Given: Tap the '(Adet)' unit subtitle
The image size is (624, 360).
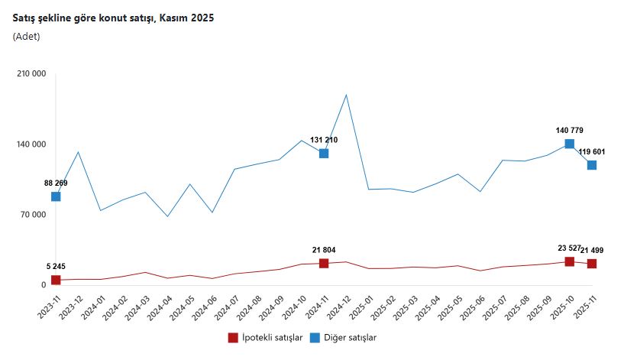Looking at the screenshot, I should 27,36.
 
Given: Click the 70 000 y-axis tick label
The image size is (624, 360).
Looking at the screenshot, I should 33,215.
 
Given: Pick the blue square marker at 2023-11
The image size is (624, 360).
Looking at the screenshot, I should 56,196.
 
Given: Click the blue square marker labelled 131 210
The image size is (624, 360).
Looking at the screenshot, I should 324,154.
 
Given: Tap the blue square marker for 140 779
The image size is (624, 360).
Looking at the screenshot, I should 570,144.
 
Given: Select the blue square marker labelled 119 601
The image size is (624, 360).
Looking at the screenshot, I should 592,165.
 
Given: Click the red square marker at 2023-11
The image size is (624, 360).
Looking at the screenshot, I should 56,281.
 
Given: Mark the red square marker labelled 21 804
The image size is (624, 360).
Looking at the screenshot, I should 324,264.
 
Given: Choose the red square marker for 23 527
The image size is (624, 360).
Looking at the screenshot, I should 570,262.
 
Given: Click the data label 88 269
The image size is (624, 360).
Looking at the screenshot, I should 56,183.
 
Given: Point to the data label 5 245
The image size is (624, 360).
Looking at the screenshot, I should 56,267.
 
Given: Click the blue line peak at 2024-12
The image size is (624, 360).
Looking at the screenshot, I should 347,95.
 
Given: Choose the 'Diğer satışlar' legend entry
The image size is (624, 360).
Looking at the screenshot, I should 344,337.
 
